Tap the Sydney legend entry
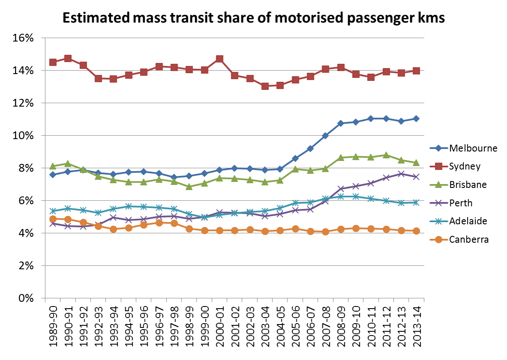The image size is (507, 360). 464,167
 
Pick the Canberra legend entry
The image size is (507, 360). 468,239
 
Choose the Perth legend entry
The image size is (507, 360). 461,203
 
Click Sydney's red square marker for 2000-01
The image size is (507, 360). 220,59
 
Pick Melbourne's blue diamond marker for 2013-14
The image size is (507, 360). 416,119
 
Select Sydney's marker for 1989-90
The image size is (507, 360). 53,62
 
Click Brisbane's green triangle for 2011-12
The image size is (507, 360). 385,155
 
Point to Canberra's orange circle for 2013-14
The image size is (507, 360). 416,231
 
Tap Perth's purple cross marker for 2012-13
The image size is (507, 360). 401,174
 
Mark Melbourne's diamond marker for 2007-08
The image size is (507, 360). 325,136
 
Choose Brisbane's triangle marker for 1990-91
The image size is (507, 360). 68,164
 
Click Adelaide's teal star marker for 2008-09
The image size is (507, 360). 340,196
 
